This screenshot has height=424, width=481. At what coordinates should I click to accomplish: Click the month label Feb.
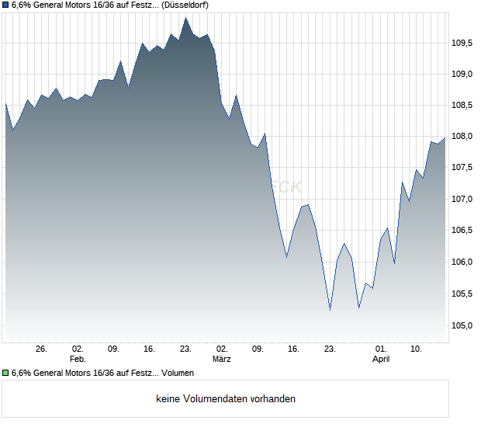click(77, 360)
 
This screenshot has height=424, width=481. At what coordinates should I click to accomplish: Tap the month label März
click(222, 360)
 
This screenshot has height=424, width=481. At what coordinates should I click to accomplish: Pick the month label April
click(381, 360)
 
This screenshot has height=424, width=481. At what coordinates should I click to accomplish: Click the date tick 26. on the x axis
click(42, 349)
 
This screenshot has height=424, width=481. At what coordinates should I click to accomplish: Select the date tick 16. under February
click(150, 349)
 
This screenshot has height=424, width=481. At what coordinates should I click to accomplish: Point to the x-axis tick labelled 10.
click(417, 349)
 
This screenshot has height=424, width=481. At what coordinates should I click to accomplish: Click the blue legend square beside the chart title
click(6, 5)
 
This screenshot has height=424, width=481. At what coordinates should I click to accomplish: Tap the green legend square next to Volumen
click(6, 374)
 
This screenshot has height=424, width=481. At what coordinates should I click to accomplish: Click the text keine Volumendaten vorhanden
click(226, 399)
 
